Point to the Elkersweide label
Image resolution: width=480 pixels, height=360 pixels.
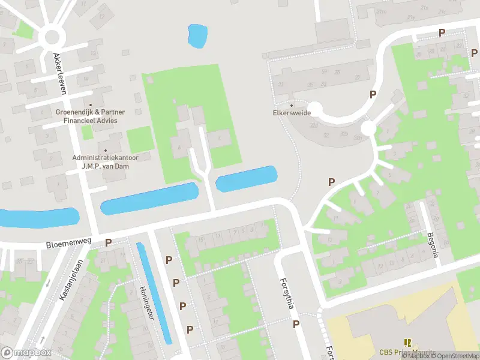291,112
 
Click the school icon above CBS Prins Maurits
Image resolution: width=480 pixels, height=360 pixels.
408,343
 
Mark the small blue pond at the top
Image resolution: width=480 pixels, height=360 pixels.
196,36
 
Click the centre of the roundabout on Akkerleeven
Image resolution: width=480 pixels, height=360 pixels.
52,38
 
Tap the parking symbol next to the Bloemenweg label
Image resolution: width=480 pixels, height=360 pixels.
109,243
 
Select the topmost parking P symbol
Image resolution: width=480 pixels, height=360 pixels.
442,33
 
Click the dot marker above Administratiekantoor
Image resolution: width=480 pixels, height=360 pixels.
106,151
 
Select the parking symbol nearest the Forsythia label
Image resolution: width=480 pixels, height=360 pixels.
296,324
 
